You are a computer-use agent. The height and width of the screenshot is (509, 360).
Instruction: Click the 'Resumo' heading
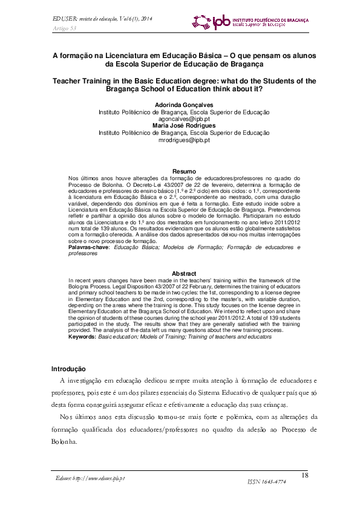point(184,172)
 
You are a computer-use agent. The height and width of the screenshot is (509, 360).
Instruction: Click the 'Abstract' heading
point(184,274)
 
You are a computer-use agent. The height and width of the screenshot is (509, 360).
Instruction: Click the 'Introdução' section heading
point(68,369)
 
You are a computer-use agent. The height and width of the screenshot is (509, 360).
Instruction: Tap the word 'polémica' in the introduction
point(235,417)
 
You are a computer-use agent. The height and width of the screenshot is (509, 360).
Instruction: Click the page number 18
point(305,475)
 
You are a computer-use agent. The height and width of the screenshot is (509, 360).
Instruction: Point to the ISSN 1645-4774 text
point(267,482)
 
